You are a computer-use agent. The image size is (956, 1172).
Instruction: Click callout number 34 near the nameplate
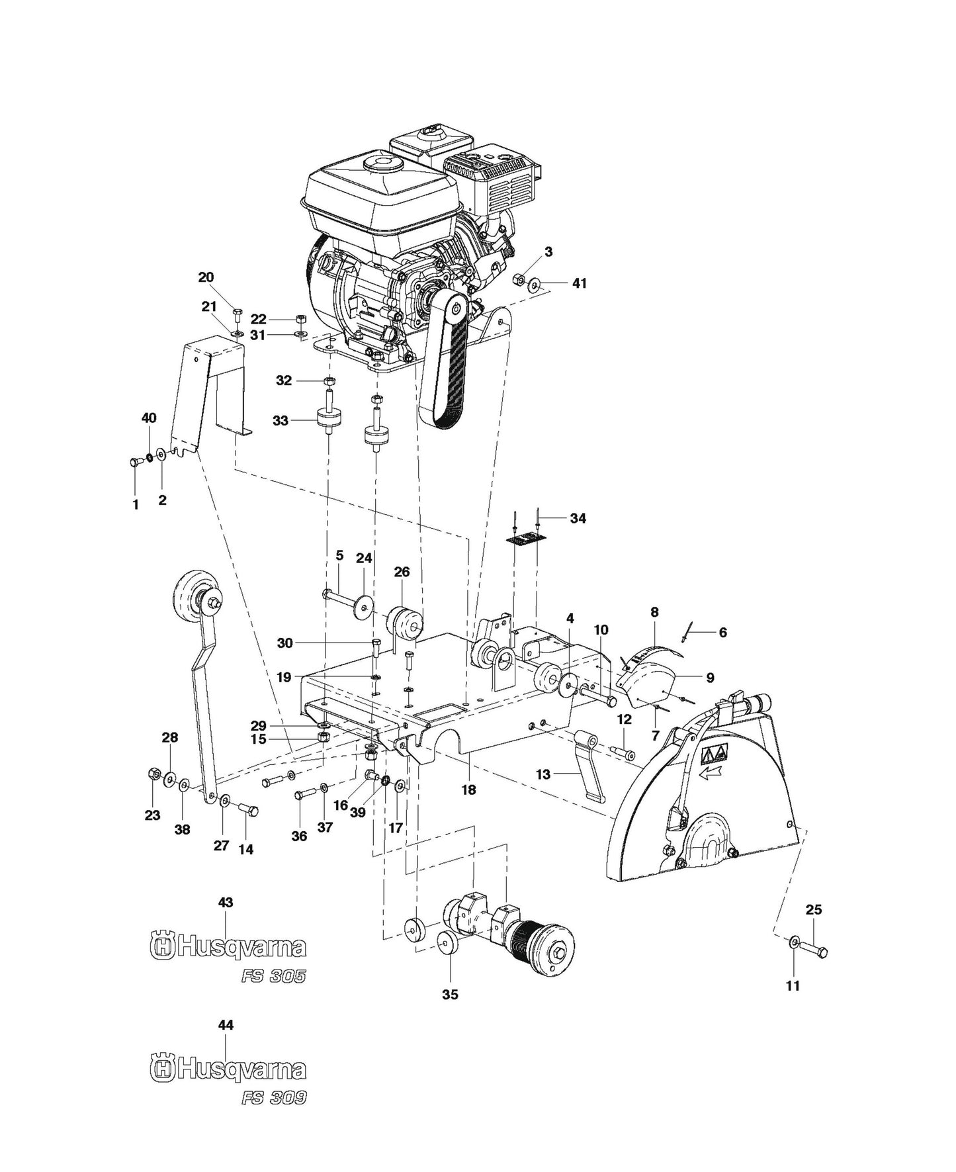point(578,518)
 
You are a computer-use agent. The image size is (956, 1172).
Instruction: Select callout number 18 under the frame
point(469,789)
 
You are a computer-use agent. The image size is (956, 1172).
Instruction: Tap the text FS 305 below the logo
point(275,977)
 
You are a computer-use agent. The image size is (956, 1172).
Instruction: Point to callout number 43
point(226,902)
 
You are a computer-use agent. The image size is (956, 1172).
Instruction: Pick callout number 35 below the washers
point(450,993)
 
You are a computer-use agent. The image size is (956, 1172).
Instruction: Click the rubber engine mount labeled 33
point(328,420)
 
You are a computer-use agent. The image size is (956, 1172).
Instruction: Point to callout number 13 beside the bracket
point(543,774)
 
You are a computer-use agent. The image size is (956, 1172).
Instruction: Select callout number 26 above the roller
point(402,571)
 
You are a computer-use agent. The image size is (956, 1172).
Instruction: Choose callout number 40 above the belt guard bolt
point(149,418)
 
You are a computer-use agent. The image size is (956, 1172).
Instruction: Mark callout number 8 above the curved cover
point(654,612)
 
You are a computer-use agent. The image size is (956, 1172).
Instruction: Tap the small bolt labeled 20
point(238,311)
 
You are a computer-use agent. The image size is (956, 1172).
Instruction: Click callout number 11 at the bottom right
point(793,985)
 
